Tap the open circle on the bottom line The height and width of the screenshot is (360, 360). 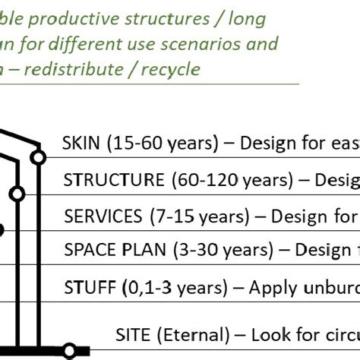(69, 351)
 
